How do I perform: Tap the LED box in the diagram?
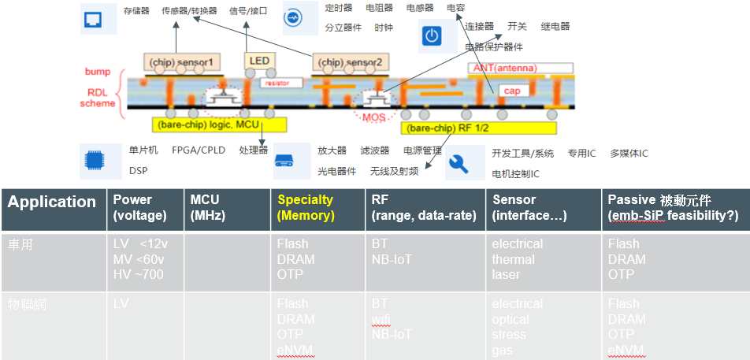259,60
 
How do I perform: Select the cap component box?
511,91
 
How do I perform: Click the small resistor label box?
277,82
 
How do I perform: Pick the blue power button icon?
431,36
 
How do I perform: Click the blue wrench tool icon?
459,164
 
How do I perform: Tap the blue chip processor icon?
93,161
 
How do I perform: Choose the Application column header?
52,202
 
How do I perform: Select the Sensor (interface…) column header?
521,208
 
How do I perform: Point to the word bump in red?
98,72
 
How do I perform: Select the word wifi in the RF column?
381,319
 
